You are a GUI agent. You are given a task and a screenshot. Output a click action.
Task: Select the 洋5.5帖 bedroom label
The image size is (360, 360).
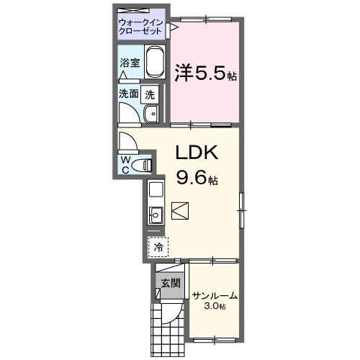coord(205,73)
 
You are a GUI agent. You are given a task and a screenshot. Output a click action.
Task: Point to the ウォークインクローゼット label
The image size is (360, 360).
coord(142,27)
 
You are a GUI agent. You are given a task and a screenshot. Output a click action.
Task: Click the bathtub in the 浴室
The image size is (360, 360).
coord(156,63)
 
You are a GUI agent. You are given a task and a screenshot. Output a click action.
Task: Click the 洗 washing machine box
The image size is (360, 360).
coord(150,93)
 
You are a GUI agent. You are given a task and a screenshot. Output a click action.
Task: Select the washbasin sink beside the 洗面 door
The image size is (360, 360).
coord(151,114)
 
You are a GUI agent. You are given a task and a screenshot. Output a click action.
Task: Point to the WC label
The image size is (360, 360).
coord(125,164)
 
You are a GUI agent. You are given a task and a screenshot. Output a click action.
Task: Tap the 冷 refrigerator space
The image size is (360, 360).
coord(158,247)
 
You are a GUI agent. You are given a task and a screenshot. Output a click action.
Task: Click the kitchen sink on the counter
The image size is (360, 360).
coord(155,214)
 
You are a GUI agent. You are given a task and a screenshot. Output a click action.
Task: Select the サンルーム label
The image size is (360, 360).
coord(215,296)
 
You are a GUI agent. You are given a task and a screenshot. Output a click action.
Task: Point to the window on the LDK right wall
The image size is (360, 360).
coord(242,209)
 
